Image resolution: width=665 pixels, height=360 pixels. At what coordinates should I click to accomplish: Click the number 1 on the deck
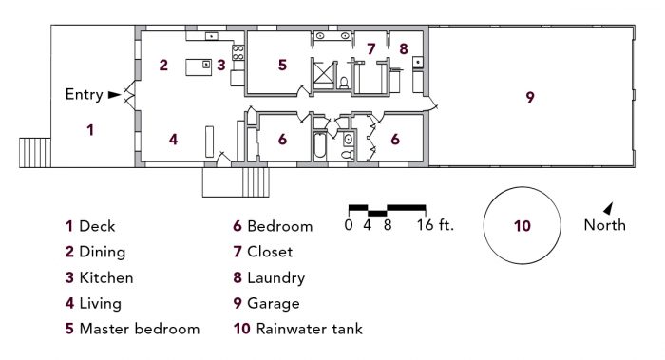coord(90,129)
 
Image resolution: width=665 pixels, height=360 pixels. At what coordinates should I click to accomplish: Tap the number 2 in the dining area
coord(163,66)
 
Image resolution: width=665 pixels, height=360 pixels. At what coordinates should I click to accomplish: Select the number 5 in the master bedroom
coord(282,66)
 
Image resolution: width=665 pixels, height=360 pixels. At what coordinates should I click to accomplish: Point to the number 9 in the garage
coord(530,96)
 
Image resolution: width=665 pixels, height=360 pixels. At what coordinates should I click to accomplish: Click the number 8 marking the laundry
coord(404,47)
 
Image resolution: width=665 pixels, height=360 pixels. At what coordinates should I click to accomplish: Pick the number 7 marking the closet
coord(371,47)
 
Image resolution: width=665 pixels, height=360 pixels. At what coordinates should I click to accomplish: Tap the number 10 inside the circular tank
coord(522,226)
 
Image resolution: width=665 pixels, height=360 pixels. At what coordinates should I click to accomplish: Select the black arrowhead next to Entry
coord(115,94)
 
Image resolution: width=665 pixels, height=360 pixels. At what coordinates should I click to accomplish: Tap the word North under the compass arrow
coord(605,226)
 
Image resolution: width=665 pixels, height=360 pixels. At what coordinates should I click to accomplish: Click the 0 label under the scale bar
coord(349,226)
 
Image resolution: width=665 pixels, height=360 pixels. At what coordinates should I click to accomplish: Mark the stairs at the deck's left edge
coord(34,151)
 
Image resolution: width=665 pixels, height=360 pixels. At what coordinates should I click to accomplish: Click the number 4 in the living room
coord(173,139)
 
